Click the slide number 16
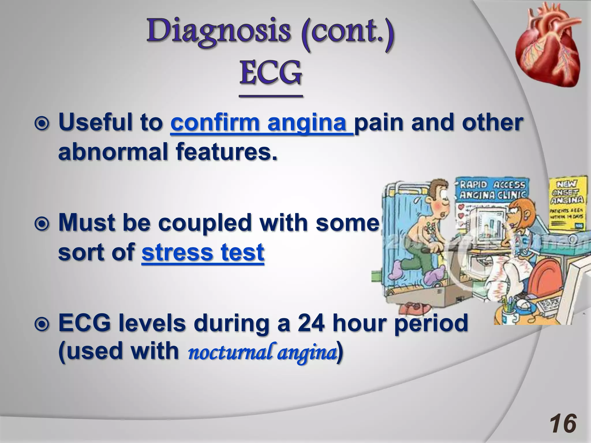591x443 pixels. (562, 424)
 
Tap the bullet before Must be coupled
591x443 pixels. (42, 224)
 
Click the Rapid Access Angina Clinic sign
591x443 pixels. (492, 189)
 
